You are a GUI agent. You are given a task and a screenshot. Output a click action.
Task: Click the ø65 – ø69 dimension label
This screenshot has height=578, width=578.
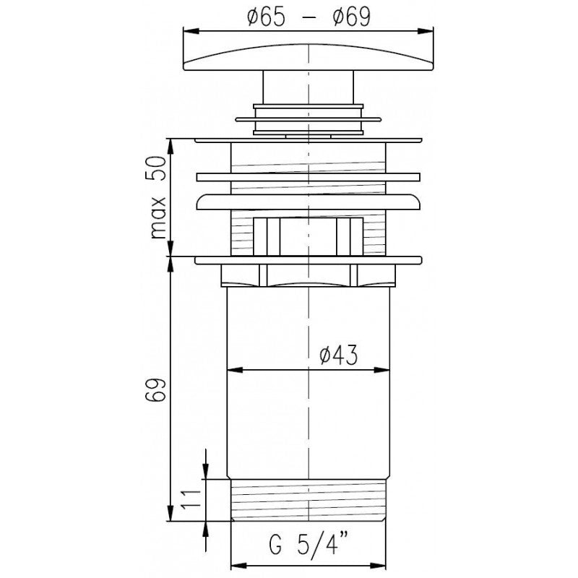(309, 17)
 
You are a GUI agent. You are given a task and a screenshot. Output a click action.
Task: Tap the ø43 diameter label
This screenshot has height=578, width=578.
(339, 355)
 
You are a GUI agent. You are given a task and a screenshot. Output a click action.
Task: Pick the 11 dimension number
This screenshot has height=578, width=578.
(191, 499)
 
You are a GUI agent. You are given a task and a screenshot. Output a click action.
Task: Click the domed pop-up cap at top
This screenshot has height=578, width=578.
(309, 57)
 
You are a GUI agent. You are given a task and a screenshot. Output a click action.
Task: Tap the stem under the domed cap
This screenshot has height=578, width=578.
(309, 87)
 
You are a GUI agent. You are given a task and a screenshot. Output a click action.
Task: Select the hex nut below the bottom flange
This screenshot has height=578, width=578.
(309, 275)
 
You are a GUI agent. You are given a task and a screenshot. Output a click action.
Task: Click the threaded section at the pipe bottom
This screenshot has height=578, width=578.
(309, 500)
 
